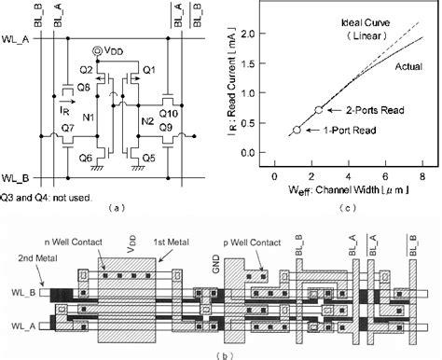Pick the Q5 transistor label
pyautogui.click(x=146, y=158)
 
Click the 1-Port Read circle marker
pyautogui.click(x=297, y=131)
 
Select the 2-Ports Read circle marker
pyautogui.click(x=319, y=109)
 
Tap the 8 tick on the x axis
pyautogui.click(x=423, y=175)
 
